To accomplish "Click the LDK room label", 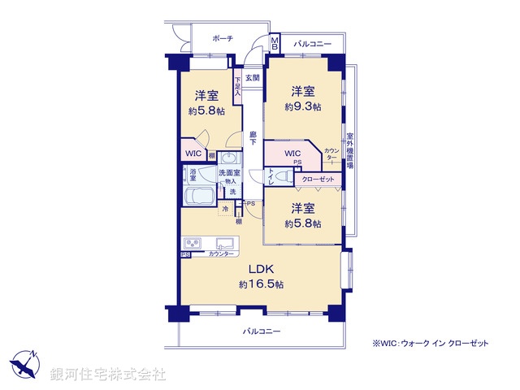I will coord(260,270).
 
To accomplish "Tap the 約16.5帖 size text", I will coord(261,284).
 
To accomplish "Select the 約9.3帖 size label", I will coord(301,106).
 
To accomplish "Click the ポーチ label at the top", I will coord(223,38).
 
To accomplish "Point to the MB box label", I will coord(275,43).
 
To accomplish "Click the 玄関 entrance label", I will coord(253,78).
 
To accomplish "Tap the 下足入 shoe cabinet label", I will coord(237,85).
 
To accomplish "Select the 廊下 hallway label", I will coord(253,139).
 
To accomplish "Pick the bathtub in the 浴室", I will coord(199,196).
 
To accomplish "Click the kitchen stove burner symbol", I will coord(193,243).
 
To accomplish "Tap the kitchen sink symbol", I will coord(225,243).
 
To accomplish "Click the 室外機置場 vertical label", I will coord(349,149).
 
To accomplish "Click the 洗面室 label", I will coord(227,172).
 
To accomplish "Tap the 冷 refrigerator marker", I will coord(225,209).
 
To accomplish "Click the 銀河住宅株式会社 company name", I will coord(108,375).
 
